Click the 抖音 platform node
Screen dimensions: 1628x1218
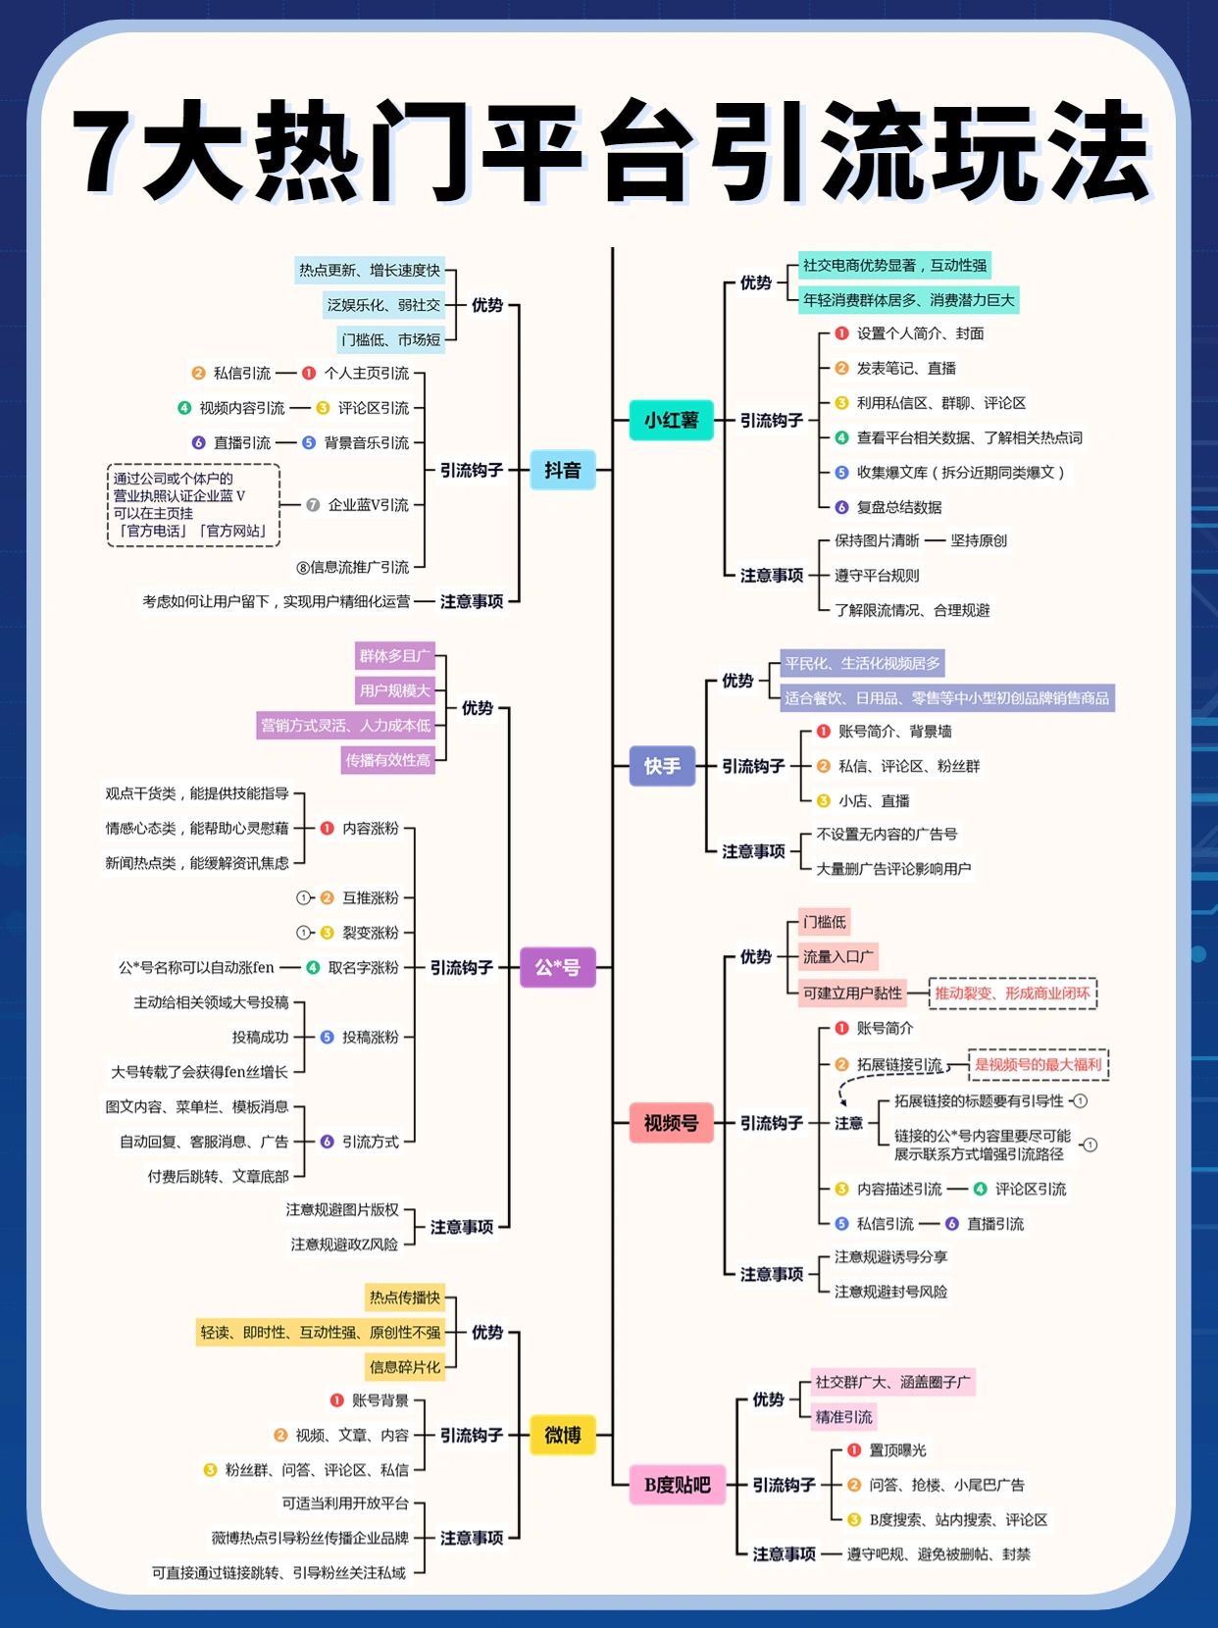[562, 470]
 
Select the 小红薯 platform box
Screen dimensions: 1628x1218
[671, 420]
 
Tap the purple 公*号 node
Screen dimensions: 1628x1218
[557, 967]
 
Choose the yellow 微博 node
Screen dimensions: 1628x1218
[562, 1435]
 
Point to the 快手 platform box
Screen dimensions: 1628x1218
[662, 766]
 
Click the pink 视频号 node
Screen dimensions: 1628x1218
[671, 1123]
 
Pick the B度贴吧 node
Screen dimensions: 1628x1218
[677, 1485]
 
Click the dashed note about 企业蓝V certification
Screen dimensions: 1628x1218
[193, 505]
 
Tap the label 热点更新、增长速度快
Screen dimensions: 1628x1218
[370, 270]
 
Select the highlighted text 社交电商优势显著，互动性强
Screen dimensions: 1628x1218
[894, 265]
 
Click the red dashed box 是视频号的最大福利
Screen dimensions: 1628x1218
[1038, 1064]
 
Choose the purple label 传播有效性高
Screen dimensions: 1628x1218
[387, 760]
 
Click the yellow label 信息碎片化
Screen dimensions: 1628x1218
[405, 1366]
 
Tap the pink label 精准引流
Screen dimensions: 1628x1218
[843, 1416]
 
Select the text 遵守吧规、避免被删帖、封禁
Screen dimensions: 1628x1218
[938, 1553]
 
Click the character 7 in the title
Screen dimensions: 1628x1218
[106, 152]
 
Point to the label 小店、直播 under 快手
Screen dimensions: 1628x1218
[874, 800]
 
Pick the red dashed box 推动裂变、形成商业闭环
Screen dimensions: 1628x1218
[1012, 992]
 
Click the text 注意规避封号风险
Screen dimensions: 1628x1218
[890, 1292]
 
